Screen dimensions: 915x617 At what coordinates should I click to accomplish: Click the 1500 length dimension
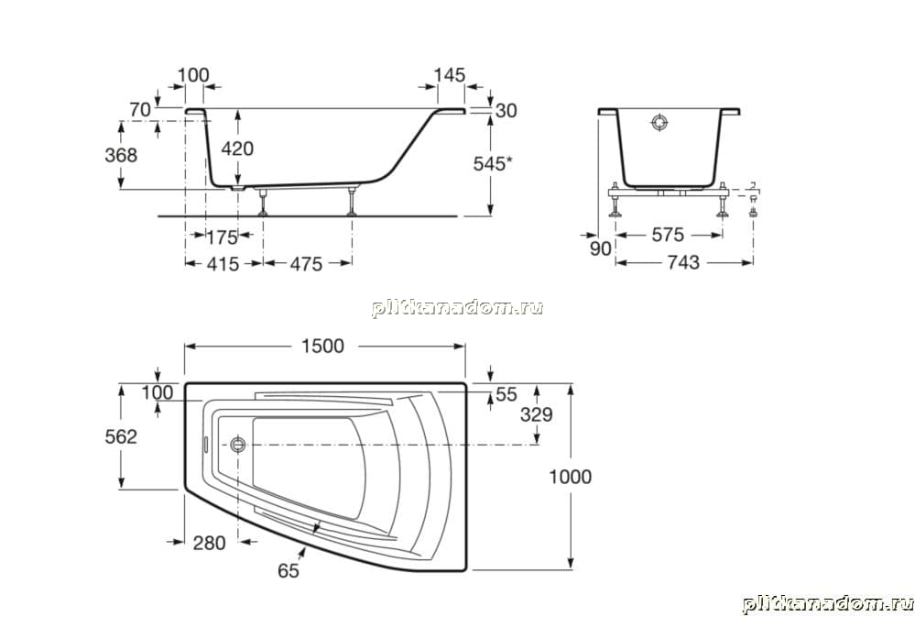[x=322, y=346]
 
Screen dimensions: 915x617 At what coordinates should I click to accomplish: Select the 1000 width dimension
[x=570, y=477]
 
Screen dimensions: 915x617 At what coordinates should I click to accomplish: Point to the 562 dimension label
[x=121, y=436]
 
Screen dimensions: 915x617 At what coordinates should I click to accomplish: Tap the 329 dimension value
[x=537, y=414]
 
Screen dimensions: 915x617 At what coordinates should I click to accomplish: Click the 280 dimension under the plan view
[x=209, y=543]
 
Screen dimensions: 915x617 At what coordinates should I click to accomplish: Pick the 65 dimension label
[x=289, y=570]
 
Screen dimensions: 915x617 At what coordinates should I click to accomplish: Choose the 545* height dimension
[x=493, y=164]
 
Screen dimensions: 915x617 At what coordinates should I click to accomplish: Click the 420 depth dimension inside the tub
[x=237, y=149]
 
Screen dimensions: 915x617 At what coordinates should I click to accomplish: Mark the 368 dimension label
[x=121, y=155]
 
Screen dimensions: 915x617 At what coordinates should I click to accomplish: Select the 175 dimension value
[x=223, y=237]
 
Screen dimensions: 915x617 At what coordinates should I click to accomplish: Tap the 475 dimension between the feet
[x=306, y=264]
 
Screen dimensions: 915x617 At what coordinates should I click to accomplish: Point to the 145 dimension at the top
[x=450, y=75]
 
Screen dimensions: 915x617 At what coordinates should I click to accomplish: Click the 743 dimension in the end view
[x=682, y=262]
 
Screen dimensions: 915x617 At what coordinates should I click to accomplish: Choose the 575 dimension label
[x=668, y=235]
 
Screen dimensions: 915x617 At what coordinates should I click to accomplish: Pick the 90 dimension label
[x=600, y=248]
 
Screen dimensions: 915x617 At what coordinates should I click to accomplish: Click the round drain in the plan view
[x=238, y=445]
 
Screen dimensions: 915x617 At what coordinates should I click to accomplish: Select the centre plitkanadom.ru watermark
[x=458, y=308]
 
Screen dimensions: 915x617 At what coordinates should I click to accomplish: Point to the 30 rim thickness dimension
[x=506, y=110]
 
